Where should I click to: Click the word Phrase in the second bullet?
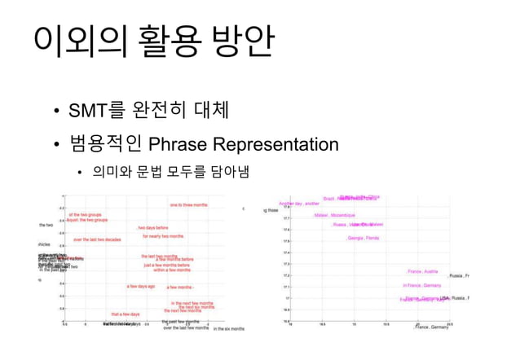tap(178, 145)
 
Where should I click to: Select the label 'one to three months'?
tap(188, 204)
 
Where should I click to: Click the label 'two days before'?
tap(152, 228)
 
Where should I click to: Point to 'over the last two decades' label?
tap(97, 239)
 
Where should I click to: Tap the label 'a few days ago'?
tap(140, 286)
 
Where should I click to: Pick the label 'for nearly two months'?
tap(163, 236)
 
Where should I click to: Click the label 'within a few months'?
tap(172, 270)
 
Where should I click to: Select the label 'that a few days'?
tap(126, 314)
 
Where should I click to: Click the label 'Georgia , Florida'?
tap(363, 238)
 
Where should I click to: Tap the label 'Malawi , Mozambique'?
tap(334, 215)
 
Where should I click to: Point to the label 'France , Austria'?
tap(423, 271)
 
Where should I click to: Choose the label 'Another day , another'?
tap(299, 204)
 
